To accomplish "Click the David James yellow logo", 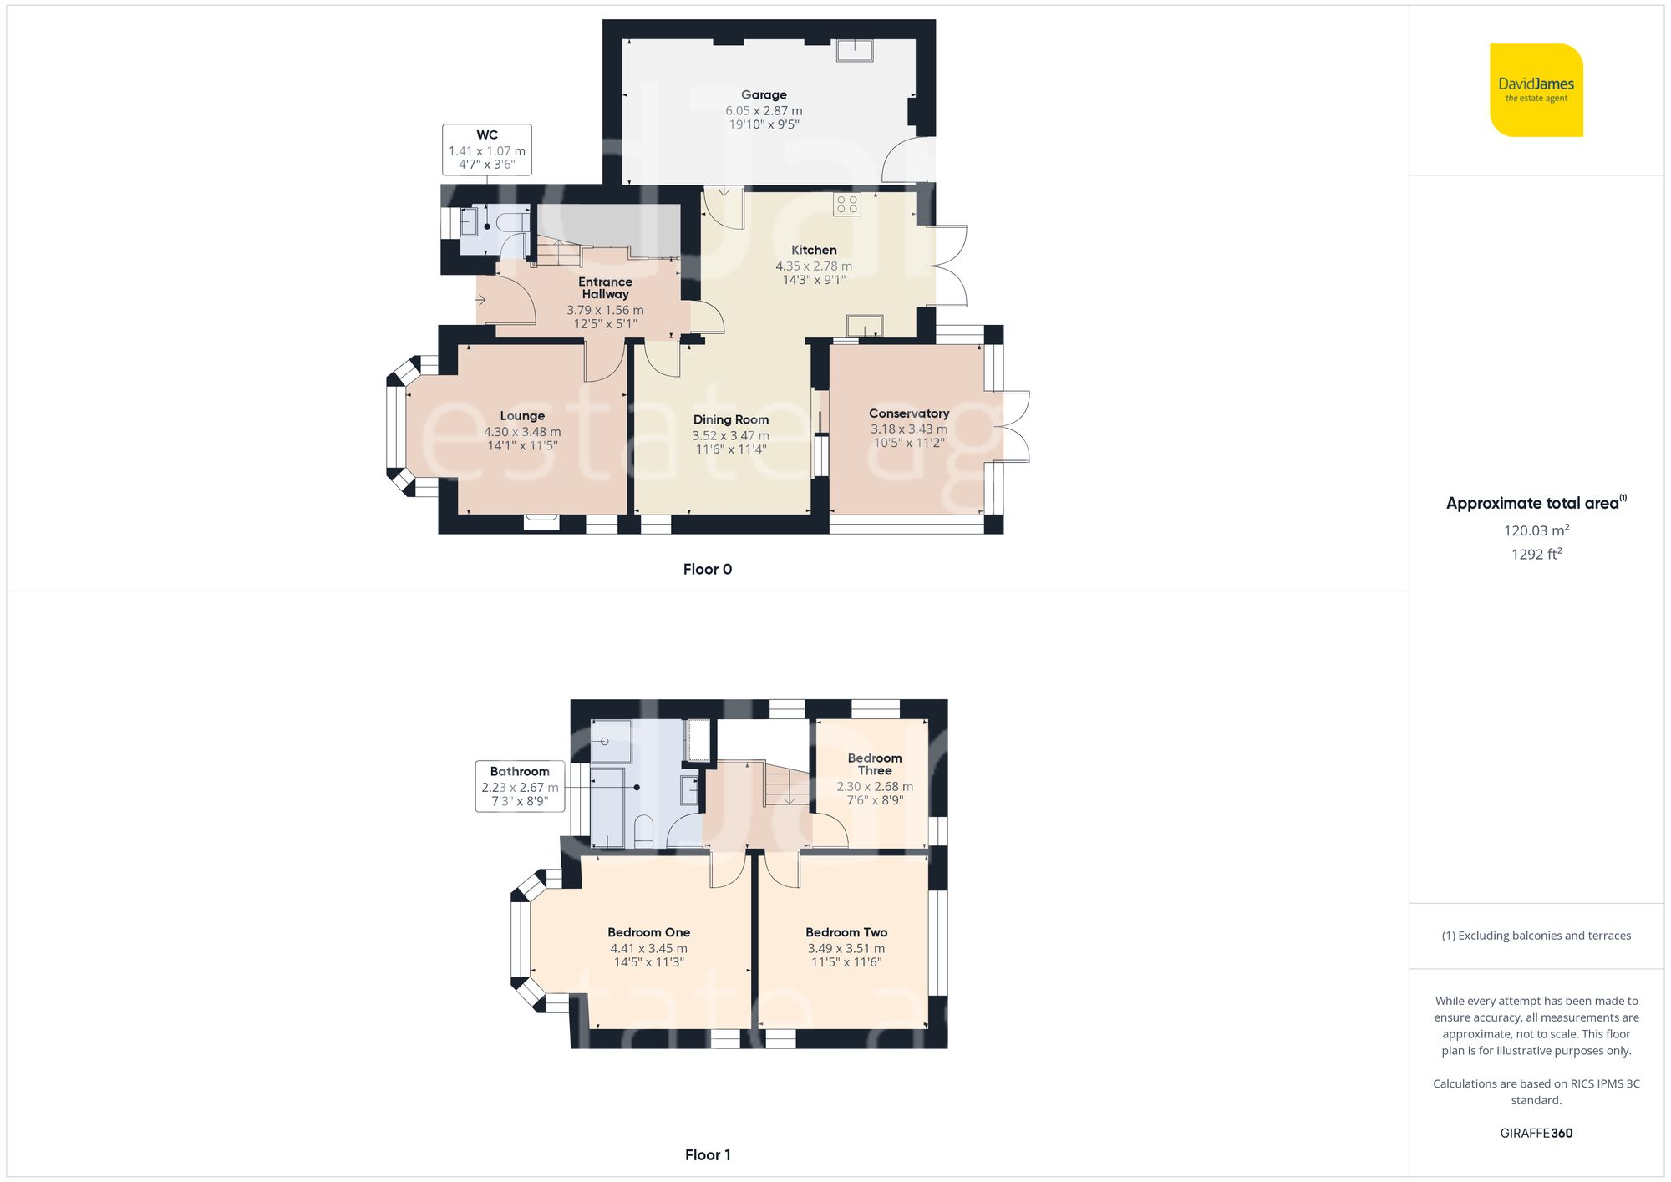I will pos(1536,90).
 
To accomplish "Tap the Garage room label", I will pos(764,95).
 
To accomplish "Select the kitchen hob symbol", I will pos(847,205).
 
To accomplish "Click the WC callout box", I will pos(487,150).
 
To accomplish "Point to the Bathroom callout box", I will pos(520,786).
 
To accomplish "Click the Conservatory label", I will pos(909,413).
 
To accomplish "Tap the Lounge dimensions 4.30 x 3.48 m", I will pos(522,432).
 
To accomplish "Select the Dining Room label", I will pos(730,419).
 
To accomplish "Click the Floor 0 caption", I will pos(707,569).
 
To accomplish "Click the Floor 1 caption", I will pos(707,1154).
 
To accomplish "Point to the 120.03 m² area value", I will pos(1536,530).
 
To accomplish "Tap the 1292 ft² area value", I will pos(1536,554).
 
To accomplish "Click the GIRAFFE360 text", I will pos(1536,1133).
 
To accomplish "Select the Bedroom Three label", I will pos(875,764).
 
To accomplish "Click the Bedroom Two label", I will pos(846,932).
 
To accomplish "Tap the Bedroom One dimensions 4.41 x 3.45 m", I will pos(648,948).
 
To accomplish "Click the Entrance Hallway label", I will pos(605,288).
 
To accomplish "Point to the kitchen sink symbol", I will pos(865,326).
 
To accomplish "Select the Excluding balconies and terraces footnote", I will pos(1536,936).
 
